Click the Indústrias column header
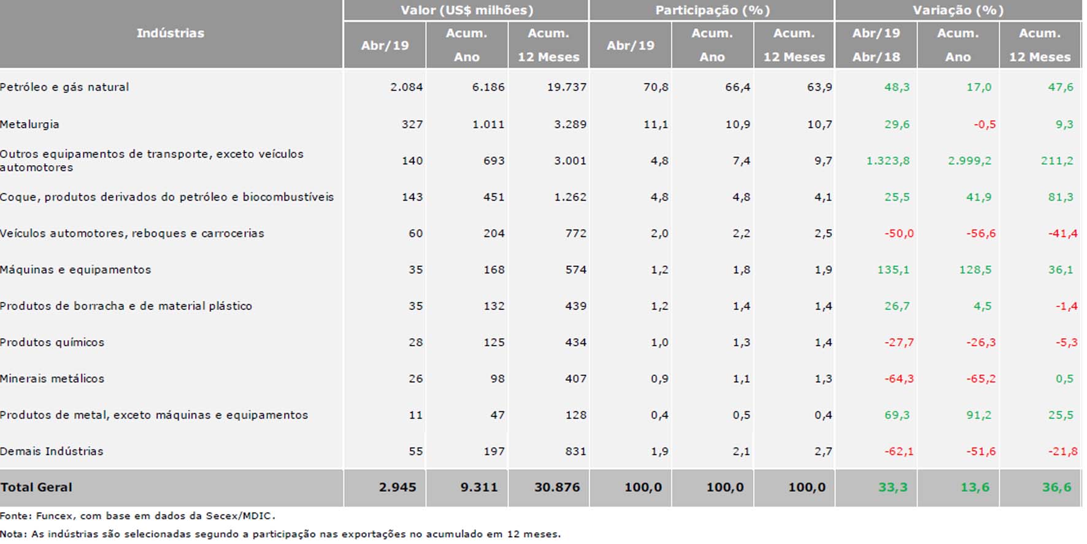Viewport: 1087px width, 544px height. [170, 33]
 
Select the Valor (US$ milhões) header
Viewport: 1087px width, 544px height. [466, 10]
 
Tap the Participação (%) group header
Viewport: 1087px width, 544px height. [712, 10]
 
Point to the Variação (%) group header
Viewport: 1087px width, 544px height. [958, 10]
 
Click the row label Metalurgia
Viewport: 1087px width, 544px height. [29, 125]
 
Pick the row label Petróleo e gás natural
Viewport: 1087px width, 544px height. [64, 87]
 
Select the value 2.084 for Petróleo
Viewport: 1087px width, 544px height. [406, 87]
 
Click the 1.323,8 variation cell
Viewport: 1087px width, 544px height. [888, 161]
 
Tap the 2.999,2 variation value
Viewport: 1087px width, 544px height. [969, 161]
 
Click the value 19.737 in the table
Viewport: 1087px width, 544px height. [566, 87]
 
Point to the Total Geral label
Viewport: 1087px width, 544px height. [36, 488]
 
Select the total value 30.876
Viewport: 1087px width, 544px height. [556, 488]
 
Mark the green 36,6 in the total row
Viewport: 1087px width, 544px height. [1056, 488]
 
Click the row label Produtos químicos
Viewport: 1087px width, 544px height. [52, 343]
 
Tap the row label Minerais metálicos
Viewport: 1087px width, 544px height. [52, 379]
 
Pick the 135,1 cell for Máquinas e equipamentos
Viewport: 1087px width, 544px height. [893, 270]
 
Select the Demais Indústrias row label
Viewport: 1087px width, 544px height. [52, 451]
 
